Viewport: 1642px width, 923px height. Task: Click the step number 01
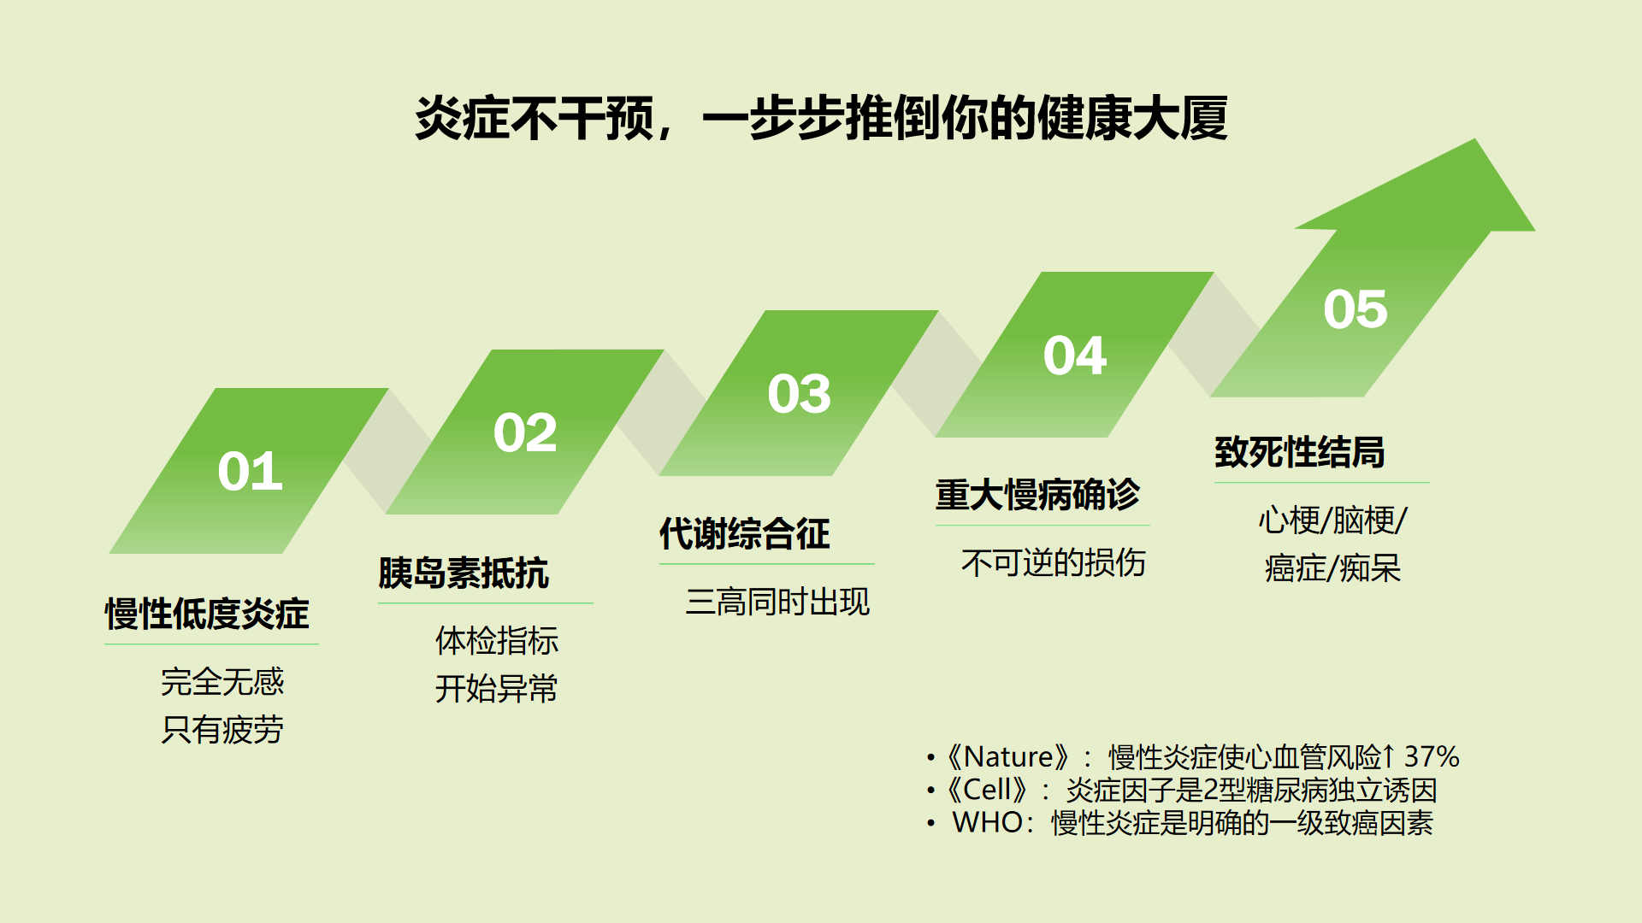click(x=250, y=471)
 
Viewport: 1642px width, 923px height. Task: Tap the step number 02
click(x=525, y=432)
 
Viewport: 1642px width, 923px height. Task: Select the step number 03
click(x=799, y=394)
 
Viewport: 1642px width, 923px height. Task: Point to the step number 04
click(x=1075, y=356)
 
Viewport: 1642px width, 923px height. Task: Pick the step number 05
click(x=1356, y=309)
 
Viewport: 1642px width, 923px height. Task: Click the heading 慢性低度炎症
click(x=207, y=614)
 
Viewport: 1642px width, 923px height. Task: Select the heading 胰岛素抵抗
click(x=464, y=573)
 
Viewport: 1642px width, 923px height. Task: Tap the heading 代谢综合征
click(x=745, y=534)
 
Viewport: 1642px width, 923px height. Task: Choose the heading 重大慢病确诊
click(x=1038, y=495)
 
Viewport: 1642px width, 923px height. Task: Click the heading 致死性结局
click(x=1300, y=452)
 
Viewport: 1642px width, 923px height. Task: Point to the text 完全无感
click(x=222, y=682)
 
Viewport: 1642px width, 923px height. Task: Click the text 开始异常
click(x=497, y=688)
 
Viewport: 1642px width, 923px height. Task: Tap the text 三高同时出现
click(x=777, y=602)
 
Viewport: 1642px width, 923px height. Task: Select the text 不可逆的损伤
click(x=1054, y=563)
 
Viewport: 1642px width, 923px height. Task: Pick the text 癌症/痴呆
click(x=1332, y=568)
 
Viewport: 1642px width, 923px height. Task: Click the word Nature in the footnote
click(x=1008, y=756)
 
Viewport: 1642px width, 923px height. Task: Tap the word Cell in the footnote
click(x=988, y=789)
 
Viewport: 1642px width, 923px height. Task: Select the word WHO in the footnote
click(x=988, y=822)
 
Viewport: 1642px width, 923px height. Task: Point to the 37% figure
click(x=1432, y=756)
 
